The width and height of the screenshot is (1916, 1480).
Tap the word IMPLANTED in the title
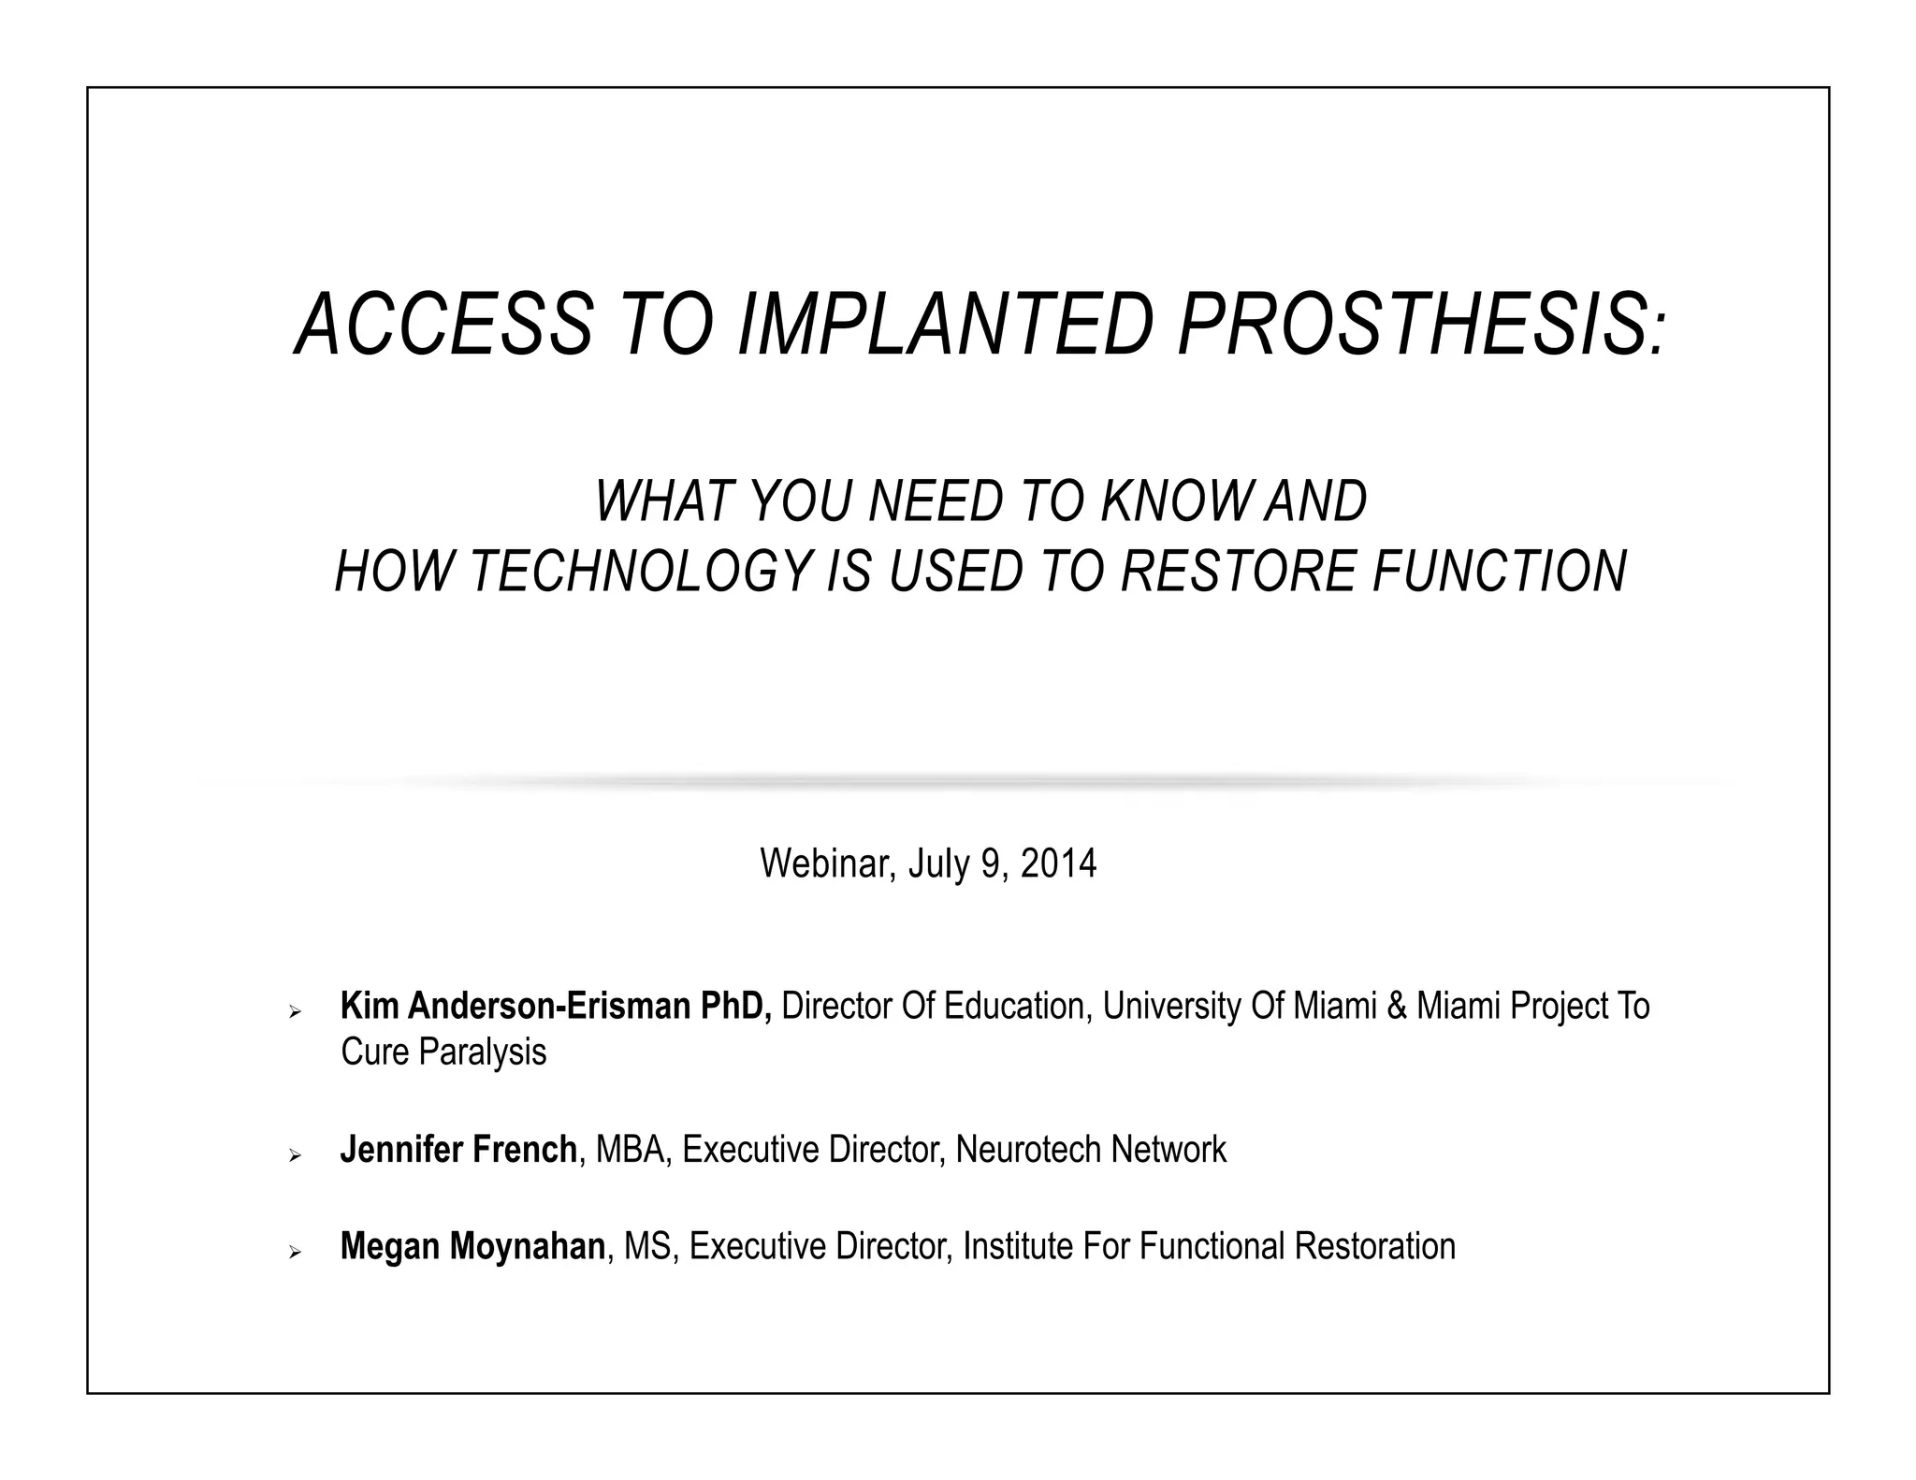(x=945, y=325)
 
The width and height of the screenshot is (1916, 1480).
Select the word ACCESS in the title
(x=444, y=325)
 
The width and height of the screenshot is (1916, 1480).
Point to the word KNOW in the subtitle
(x=1176, y=501)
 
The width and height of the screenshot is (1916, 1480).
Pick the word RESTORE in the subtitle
(x=1238, y=572)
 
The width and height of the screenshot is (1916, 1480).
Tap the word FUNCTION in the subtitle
(x=1499, y=572)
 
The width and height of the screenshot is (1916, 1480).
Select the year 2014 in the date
(x=1058, y=863)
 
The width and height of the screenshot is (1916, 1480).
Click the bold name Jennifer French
(x=458, y=1150)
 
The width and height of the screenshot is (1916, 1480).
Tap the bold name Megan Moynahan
(x=472, y=1247)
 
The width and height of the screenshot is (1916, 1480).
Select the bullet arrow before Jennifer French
(x=296, y=1156)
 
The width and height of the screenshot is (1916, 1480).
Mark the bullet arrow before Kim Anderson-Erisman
(x=296, y=1013)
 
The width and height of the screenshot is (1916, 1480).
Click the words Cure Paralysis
(x=443, y=1052)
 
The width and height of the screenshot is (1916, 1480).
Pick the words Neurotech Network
(x=1091, y=1150)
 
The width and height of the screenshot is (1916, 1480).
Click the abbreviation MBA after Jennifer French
(x=630, y=1150)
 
